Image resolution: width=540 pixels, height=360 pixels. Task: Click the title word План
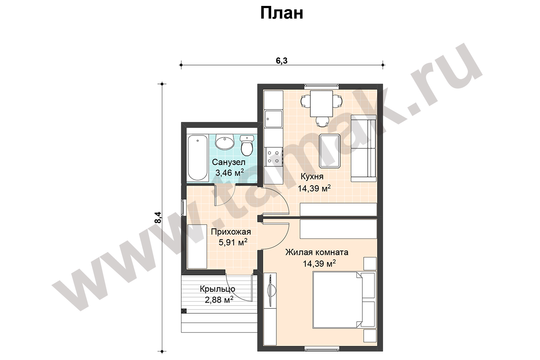pos(281,13)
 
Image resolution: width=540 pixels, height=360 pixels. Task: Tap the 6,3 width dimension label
pos(281,61)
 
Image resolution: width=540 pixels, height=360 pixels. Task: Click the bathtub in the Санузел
pos(197,158)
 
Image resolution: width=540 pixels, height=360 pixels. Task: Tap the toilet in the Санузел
pos(247,145)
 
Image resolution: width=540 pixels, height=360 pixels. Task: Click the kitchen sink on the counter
pos(273,119)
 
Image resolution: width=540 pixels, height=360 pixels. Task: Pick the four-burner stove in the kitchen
pos(273,157)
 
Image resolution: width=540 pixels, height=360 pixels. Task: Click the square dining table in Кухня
pos(321,104)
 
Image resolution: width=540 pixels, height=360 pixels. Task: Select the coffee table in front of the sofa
pos(329,151)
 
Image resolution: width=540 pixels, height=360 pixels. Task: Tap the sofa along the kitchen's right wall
pos(364,148)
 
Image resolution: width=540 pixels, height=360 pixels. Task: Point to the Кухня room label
pos(312,176)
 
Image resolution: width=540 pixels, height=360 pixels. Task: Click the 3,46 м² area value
pos(229,173)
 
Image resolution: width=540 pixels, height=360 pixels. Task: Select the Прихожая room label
pos(231,232)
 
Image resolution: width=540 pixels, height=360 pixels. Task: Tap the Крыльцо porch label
pos(217,289)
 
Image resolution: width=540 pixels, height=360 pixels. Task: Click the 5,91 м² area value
pos(233,242)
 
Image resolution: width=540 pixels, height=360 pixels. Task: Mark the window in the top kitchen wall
pos(321,85)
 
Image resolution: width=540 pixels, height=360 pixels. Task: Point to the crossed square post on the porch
pos(184,311)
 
